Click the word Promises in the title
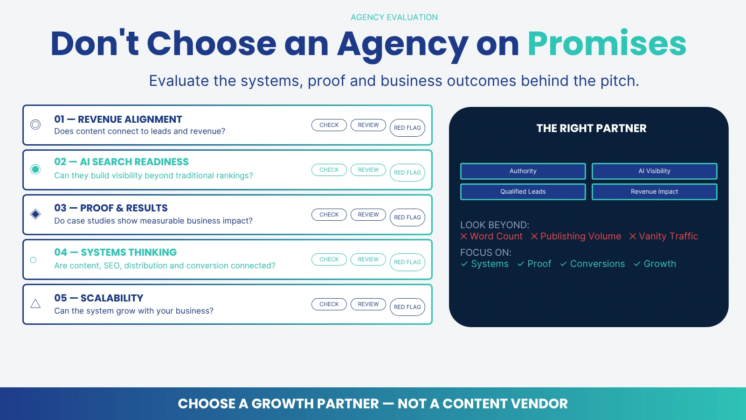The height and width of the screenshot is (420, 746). pyautogui.click(x=607, y=44)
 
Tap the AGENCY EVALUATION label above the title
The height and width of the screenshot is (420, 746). pyautogui.click(x=394, y=17)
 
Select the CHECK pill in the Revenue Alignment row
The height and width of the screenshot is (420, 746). pyautogui.click(x=329, y=125)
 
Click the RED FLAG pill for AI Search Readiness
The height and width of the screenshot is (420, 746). pyautogui.click(x=408, y=173)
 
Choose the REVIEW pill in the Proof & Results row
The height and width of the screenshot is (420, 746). pyautogui.click(x=368, y=215)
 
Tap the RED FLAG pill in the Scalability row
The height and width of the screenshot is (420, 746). pyautogui.click(x=408, y=307)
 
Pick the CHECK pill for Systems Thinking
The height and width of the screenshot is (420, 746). pyautogui.click(x=329, y=259)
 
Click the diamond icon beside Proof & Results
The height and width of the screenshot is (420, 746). pyautogui.click(x=35, y=214)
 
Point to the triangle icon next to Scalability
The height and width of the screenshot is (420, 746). pyautogui.click(x=35, y=304)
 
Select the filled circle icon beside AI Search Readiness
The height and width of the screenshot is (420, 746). pyautogui.click(x=35, y=169)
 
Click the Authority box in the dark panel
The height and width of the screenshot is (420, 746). pyautogui.click(x=523, y=171)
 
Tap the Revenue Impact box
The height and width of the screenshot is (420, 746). pyautogui.click(x=655, y=192)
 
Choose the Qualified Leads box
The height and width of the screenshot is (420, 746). pyautogui.click(x=523, y=192)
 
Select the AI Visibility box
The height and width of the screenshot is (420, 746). pyautogui.click(x=655, y=171)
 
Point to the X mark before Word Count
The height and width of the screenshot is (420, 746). pyautogui.click(x=463, y=236)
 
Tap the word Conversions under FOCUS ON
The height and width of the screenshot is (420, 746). pyautogui.click(x=597, y=264)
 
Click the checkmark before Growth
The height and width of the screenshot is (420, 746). pyautogui.click(x=637, y=264)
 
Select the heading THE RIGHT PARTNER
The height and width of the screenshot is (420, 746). pyautogui.click(x=591, y=128)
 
